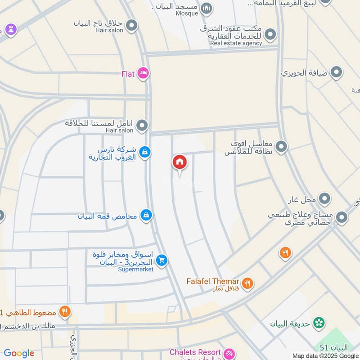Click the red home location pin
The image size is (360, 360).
pyautogui.click(x=180, y=163)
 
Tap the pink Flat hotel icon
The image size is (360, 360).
pyautogui.click(x=143, y=73)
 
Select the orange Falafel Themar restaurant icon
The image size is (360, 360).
pyautogui.click(x=247, y=283)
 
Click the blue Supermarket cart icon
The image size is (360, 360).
pyautogui.click(x=162, y=260)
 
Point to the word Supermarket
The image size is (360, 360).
pyautogui.click(x=136, y=269)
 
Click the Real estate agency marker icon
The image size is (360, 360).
pyautogui.click(x=270, y=34)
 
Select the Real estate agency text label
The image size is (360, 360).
pyautogui.click(x=236, y=43)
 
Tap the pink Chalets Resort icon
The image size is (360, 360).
pyautogui.click(x=229, y=353)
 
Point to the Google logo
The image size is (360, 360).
pyautogui.click(x=19, y=353)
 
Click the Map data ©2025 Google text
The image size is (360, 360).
pyautogui.click(x=325, y=355)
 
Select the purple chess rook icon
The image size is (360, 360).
pyautogui.click(x=10, y=30)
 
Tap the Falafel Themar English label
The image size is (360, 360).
pyautogui.click(x=213, y=281)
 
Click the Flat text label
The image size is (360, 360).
pyautogui.click(x=128, y=74)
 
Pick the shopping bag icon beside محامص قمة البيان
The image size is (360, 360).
pyautogui.click(x=146, y=216)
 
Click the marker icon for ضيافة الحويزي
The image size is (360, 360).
pyautogui.click(x=336, y=72)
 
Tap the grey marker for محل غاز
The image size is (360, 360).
pyautogui.click(x=324, y=198)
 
